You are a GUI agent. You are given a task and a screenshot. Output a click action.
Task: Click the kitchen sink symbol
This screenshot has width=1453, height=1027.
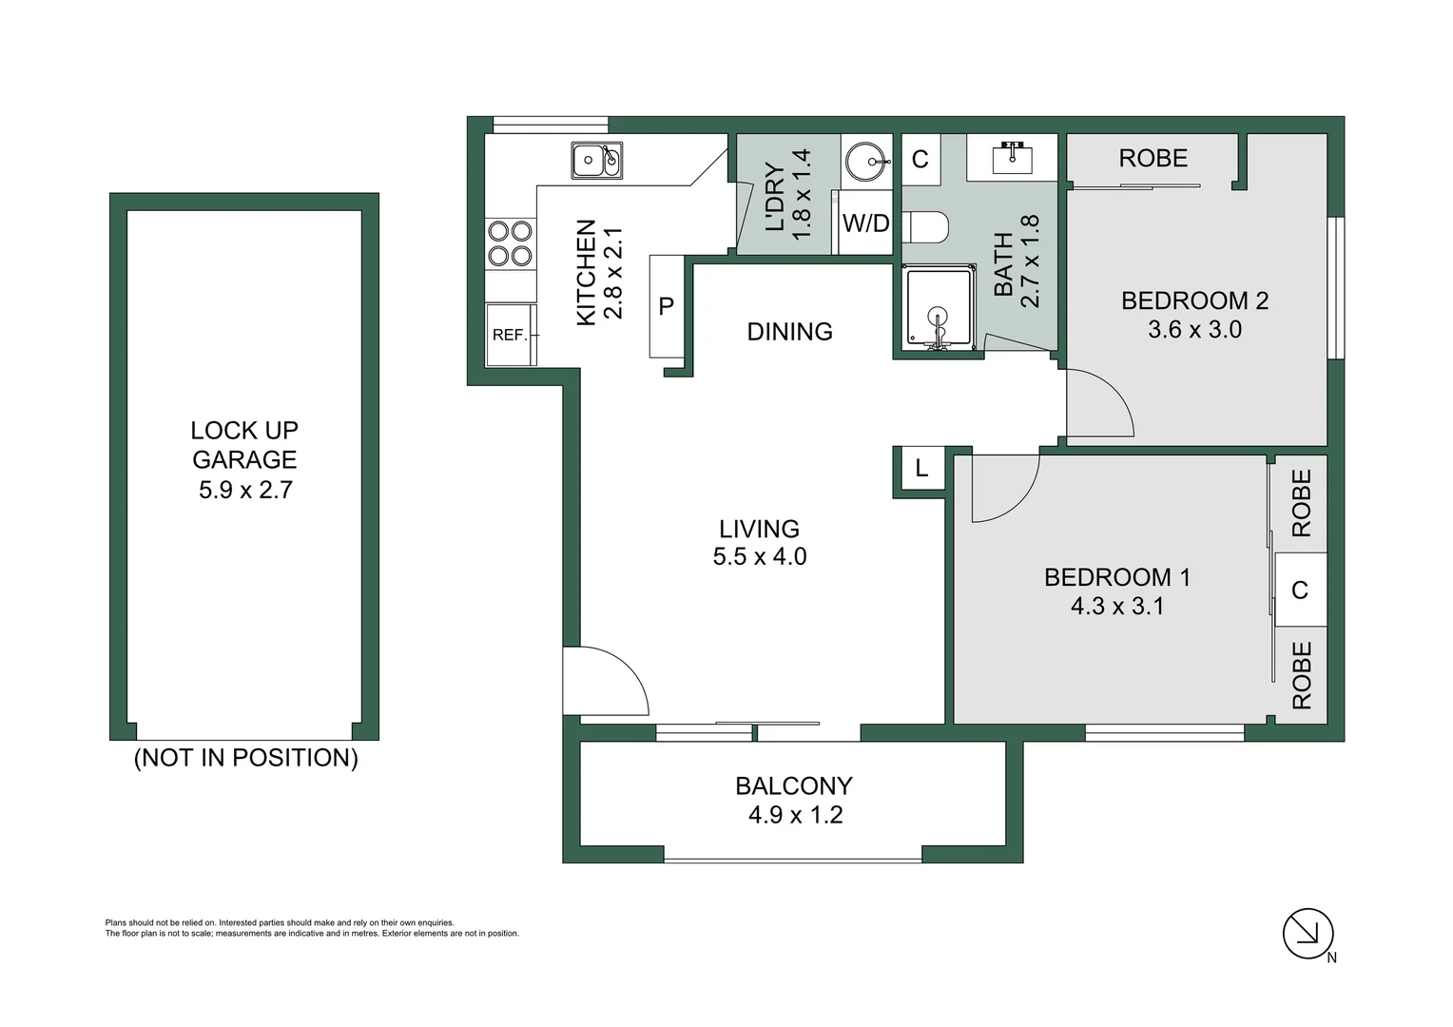click(x=596, y=160)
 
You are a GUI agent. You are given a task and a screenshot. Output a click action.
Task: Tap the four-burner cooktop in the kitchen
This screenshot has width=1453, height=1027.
click(x=510, y=242)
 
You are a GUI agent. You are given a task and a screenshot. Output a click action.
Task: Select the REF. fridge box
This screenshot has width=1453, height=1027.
click(x=511, y=335)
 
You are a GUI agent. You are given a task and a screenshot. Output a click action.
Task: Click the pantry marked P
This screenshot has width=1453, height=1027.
click(x=667, y=306)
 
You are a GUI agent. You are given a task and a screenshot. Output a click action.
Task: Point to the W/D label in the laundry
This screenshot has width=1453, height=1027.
click(x=865, y=223)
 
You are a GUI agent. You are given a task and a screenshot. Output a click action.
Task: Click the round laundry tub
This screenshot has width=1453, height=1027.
click(x=867, y=161)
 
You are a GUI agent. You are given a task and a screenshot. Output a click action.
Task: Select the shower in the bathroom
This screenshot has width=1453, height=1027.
click(x=939, y=307)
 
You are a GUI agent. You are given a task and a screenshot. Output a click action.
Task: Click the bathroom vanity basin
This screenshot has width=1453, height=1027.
click(x=1012, y=157)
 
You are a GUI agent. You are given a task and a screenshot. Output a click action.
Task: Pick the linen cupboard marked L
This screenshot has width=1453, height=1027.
click(x=920, y=468)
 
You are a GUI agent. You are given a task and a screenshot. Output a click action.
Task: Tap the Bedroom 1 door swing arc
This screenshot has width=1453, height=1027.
click(x=1004, y=489)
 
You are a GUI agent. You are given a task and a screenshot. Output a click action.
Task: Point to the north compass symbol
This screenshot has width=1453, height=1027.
click(x=1308, y=933)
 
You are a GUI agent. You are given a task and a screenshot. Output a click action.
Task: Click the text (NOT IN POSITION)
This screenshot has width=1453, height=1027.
click(x=245, y=758)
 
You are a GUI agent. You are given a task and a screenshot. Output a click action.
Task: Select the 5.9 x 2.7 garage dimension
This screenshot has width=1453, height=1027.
click(x=245, y=490)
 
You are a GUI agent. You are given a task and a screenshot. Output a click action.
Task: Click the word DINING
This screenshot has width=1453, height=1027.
click(x=789, y=332)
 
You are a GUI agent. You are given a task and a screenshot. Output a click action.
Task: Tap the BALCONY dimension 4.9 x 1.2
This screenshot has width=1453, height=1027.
click(x=795, y=815)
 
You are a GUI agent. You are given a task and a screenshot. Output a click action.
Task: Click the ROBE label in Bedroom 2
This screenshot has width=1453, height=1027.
click(x=1153, y=158)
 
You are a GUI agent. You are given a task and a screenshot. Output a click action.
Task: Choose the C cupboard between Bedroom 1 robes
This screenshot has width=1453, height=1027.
click(x=1300, y=591)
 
